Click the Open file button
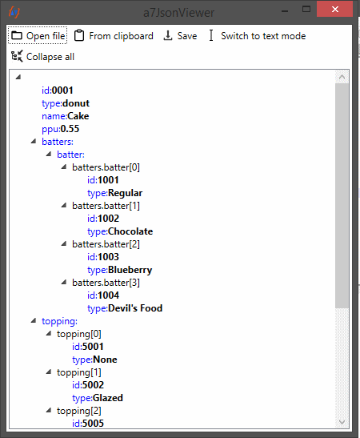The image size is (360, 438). [38, 35]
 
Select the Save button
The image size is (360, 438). [180, 36]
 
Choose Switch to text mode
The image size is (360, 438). [257, 36]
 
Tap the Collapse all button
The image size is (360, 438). [42, 56]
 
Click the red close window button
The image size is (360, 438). [335, 10]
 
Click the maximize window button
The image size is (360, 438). [306, 10]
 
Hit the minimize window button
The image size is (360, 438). [285, 10]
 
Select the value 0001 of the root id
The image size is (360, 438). [62, 90]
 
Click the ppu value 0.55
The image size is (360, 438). [70, 129]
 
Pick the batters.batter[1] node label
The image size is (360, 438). [106, 206]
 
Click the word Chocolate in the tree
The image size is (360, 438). [130, 231]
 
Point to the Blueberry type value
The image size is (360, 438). [130, 270]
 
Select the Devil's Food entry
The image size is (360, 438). [135, 308]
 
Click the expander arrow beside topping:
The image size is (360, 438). [34, 320]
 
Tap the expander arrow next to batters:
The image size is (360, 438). [34, 141]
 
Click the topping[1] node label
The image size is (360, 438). [79, 372]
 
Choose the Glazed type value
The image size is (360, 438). [108, 398]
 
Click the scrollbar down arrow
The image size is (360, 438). [342, 422]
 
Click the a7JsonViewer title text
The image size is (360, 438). [179, 13]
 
